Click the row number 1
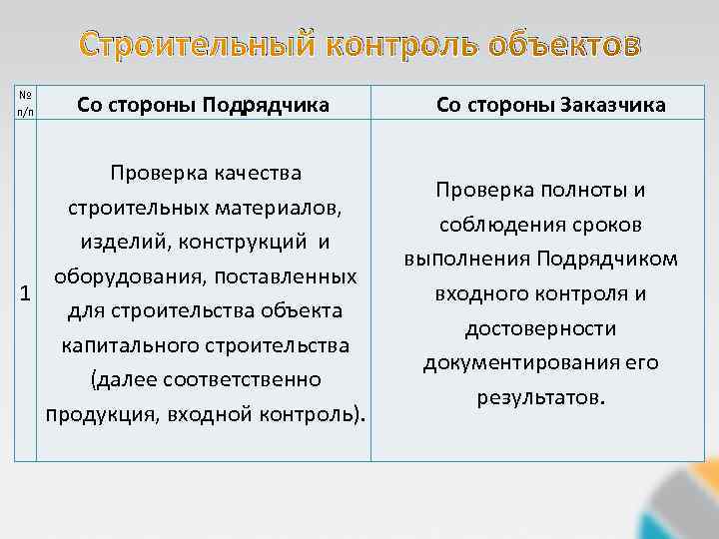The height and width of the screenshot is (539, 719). coord(25,293)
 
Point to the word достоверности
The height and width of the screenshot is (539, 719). coord(540,328)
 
